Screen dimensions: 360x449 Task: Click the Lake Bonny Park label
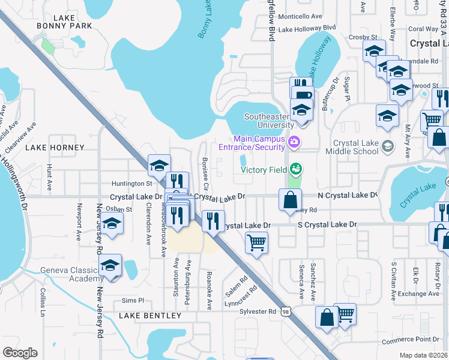[64, 22]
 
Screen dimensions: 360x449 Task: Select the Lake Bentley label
[150, 316]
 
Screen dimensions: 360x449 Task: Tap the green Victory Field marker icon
[295, 169]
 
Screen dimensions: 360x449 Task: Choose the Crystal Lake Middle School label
[356, 148]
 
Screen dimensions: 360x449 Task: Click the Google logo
[20, 353]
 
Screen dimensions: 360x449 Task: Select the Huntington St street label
[131, 184]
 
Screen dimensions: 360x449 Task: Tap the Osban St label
[119, 209]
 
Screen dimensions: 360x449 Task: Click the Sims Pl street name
[133, 300]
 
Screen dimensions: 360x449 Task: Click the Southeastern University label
[269, 121]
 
